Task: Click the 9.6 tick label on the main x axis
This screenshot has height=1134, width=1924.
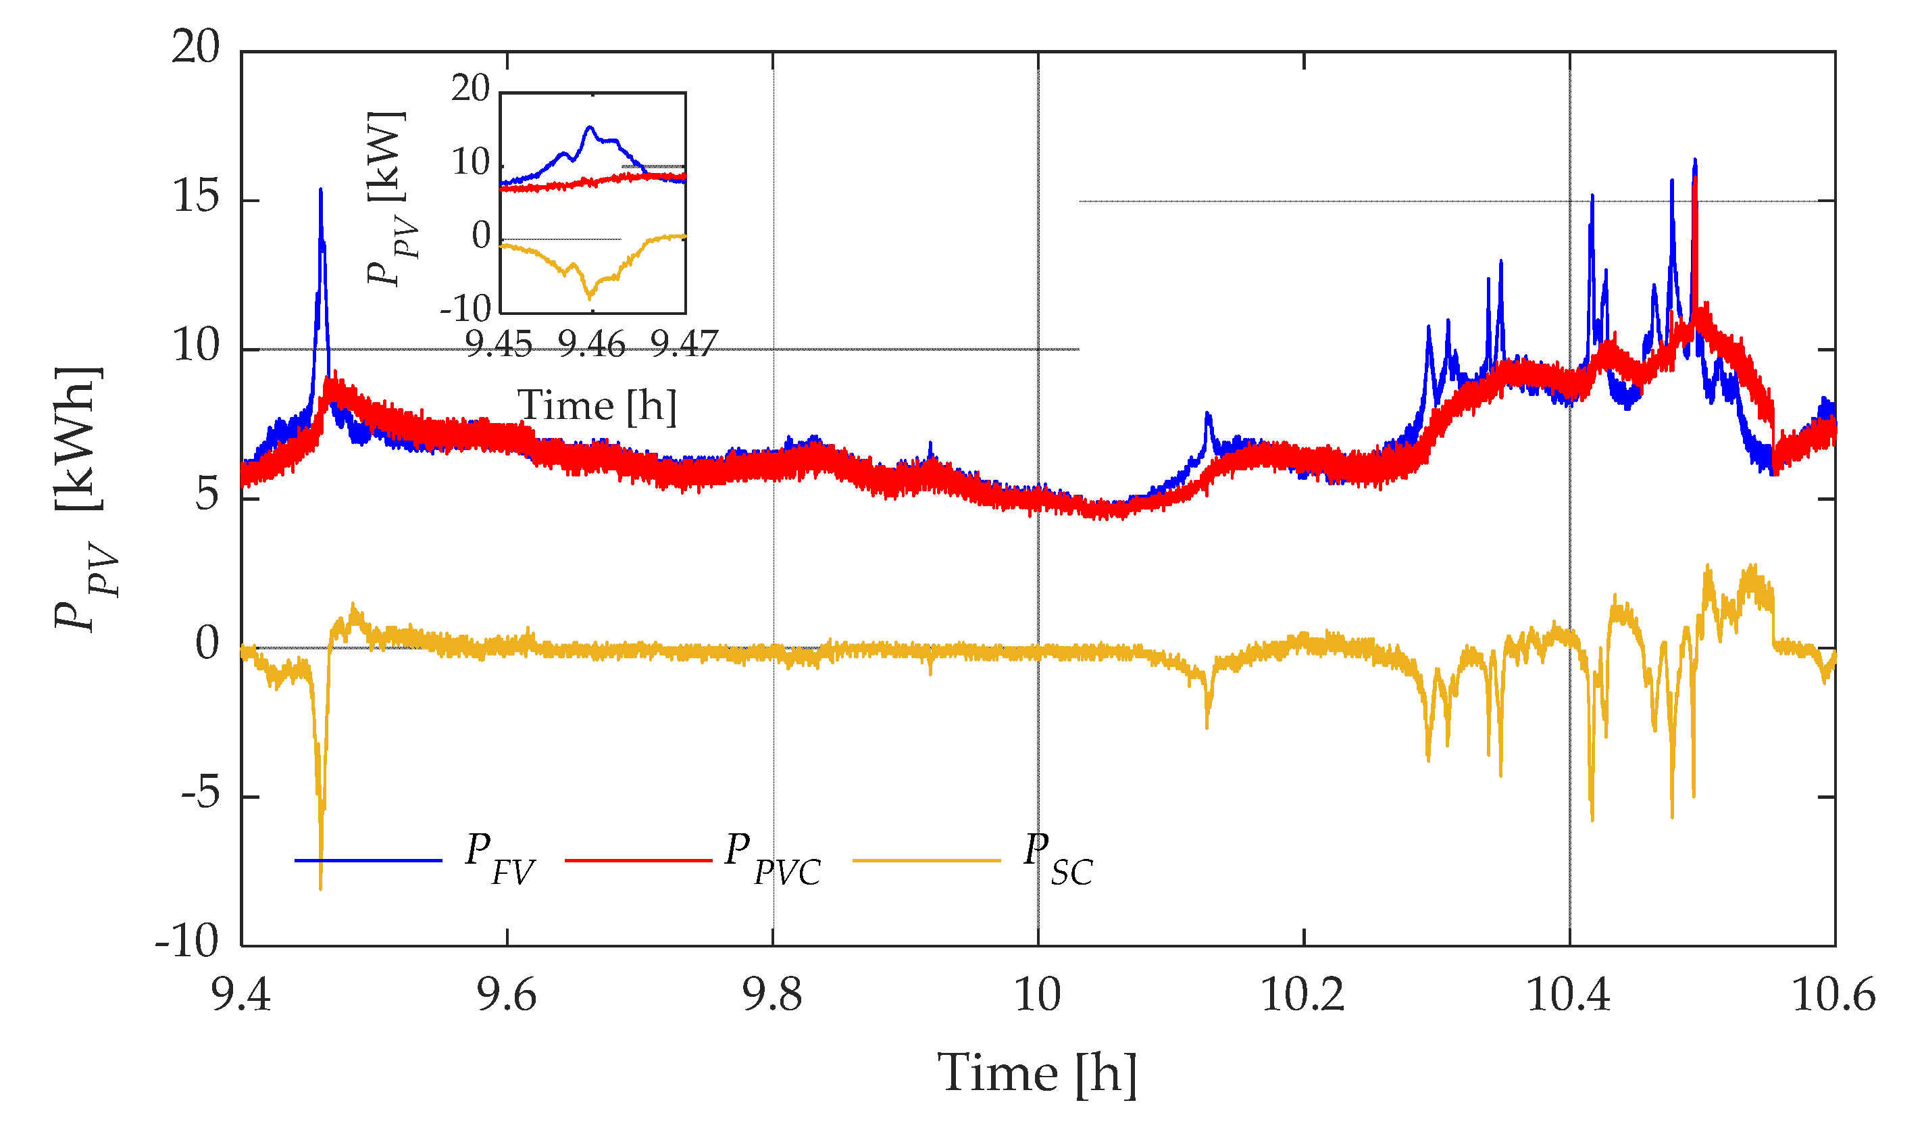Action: pyautogui.click(x=507, y=995)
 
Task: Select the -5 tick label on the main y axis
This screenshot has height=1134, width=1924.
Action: pyautogui.click(x=200, y=795)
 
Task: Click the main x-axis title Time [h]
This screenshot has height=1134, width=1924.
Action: pyautogui.click(x=1036, y=1074)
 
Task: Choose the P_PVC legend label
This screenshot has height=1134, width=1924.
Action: pyautogui.click(x=772, y=860)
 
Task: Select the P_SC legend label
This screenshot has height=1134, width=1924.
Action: pyautogui.click(x=1058, y=860)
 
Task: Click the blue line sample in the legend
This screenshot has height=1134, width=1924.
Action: pyautogui.click(x=368, y=860)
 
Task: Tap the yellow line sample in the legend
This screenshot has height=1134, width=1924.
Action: pyautogui.click(x=926, y=860)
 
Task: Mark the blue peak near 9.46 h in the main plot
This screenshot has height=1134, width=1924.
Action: pyautogui.click(x=321, y=189)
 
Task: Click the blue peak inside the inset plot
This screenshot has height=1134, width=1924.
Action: pyautogui.click(x=590, y=127)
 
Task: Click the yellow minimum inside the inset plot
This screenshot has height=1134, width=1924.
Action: pyautogui.click(x=590, y=297)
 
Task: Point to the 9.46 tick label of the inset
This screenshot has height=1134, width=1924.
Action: pyautogui.click(x=591, y=345)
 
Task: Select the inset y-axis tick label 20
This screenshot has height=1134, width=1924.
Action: pyautogui.click(x=470, y=89)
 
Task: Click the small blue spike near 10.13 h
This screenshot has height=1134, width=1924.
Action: pyautogui.click(x=1207, y=414)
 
